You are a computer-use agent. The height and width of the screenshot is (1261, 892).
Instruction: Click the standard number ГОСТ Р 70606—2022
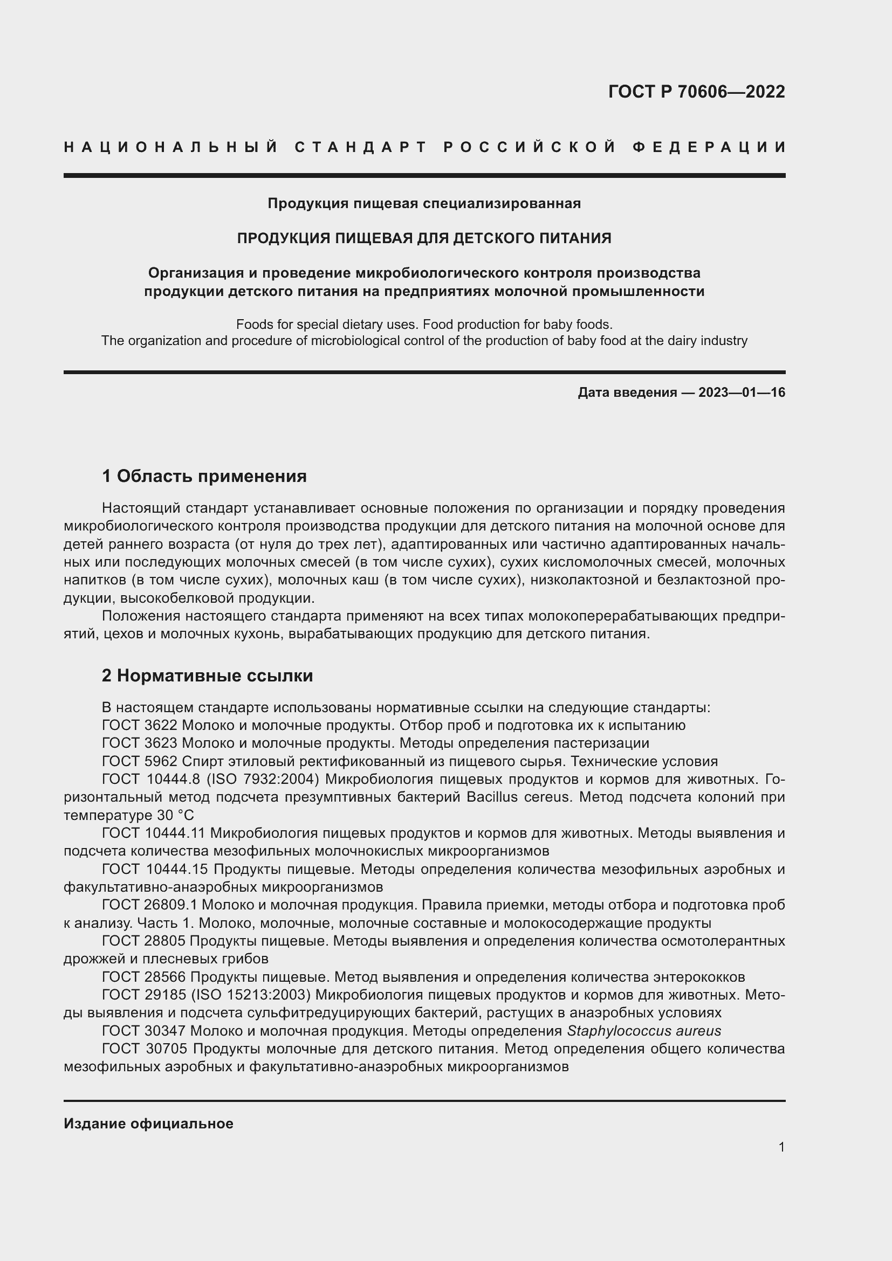[696, 92]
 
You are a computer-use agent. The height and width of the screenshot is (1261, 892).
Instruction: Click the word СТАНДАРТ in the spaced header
[361, 147]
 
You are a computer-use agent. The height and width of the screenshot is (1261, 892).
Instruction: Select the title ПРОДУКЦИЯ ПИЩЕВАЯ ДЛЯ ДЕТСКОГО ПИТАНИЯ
[424, 238]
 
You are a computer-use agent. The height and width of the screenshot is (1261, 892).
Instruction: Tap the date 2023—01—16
[742, 392]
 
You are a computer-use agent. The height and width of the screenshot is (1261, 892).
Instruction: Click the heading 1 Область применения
[204, 476]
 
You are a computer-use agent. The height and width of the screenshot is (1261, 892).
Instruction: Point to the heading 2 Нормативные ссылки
[207, 676]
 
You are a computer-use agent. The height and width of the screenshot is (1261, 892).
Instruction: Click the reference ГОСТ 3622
[140, 726]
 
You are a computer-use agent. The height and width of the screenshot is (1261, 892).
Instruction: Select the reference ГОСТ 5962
[140, 761]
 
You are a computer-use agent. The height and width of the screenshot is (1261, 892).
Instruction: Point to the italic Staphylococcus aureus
[644, 1031]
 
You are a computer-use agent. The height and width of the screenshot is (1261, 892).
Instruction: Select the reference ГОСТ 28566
[144, 977]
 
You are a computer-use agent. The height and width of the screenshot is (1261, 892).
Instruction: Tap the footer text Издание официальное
[148, 1124]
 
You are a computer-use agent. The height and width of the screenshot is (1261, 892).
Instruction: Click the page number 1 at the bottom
[781, 1147]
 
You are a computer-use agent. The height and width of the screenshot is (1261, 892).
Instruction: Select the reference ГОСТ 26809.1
[149, 905]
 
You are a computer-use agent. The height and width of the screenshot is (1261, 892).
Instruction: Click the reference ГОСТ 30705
[144, 1049]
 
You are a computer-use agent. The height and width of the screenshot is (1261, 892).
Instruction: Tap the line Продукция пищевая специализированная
[424, 204]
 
